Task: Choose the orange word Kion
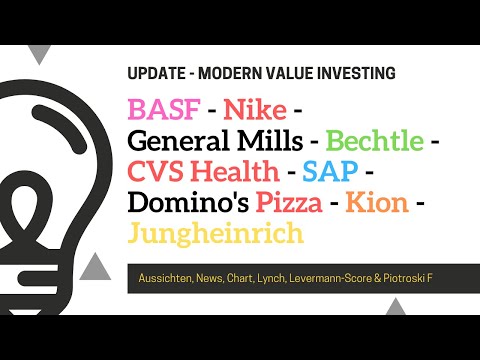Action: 377,203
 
